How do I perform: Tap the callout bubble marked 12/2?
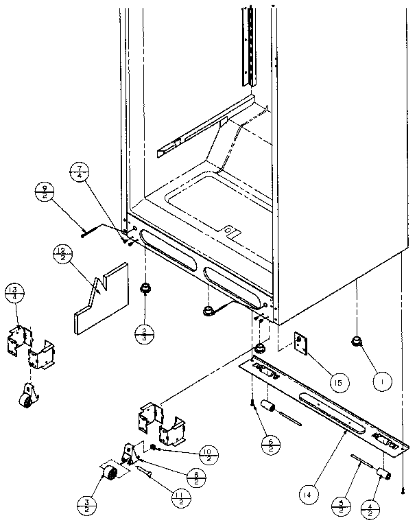point(63,255)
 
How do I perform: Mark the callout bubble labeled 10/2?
point(209,454)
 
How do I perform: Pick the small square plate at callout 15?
point(300,346)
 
